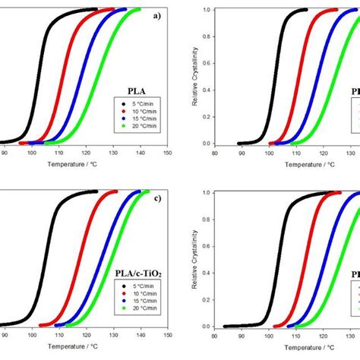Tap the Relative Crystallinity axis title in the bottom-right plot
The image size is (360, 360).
[x=196, y=259]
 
